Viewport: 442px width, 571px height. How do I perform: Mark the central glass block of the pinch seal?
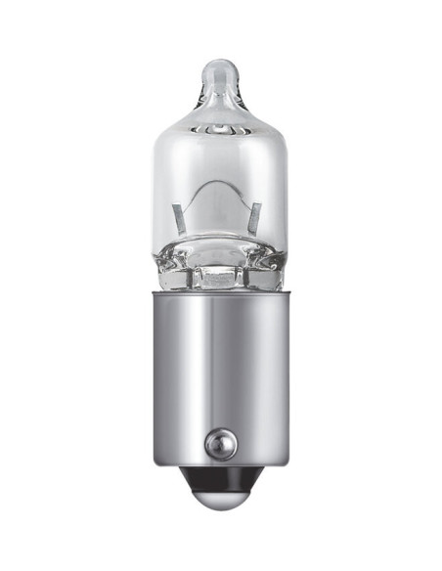pyautogui.click(x=219, y=277)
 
